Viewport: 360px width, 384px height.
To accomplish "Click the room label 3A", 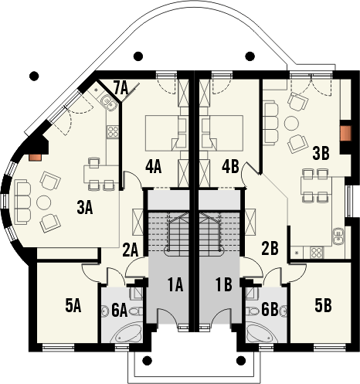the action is (85, 208).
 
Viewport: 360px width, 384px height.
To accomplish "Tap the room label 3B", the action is (321, 154).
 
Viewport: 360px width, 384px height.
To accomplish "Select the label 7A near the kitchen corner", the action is (121, 87).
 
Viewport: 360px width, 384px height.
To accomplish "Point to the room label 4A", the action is (154, 167).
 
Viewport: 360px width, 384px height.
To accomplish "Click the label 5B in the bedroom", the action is (323, 305).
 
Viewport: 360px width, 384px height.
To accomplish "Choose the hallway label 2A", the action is (131, 250).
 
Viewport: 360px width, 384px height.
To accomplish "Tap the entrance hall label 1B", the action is (223, 285).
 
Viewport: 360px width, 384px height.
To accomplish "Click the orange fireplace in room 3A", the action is (36, 158).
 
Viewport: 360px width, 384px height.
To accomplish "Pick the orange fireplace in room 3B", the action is (345, 133).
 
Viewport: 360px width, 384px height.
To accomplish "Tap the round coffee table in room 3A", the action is (43, 202).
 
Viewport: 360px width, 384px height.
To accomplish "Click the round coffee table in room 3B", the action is (291, 124).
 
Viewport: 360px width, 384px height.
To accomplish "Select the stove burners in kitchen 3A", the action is (113, 131).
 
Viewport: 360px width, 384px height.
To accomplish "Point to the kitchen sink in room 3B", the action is (338, 236).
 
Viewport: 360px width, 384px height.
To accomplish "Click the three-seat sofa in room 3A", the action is (22, 202).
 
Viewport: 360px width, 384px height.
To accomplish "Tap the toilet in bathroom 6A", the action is (136, 311).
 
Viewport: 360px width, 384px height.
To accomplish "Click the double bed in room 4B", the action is (222, 133).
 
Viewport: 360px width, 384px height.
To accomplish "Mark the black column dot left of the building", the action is (34, 76).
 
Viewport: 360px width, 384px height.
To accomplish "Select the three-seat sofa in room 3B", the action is (271, 124).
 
